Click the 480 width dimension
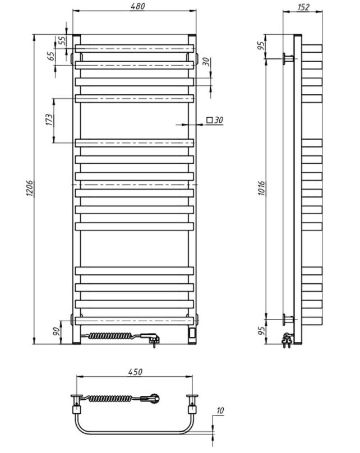pos(137,6)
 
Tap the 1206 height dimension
pos(30,188)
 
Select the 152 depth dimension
pos(303,7)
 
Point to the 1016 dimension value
pos(261,188)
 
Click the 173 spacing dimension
pos(50,120)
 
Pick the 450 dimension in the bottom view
pos(135,372)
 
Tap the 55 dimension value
pos(62,40)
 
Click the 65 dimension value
pos(51,56)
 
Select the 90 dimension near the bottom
pos(57,331)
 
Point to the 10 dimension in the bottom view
pos(220,410)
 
